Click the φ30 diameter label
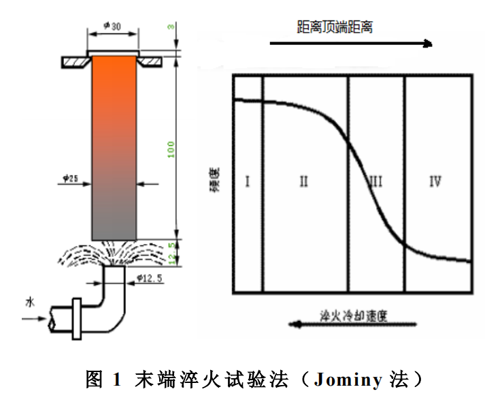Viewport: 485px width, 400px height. (113, 26)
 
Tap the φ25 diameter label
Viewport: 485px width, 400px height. (69, 179)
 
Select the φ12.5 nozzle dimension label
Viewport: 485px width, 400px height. (148, 278)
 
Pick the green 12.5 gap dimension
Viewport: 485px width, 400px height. (174, 252)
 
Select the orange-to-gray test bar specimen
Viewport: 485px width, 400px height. (114, 147)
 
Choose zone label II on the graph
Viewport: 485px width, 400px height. (303, 182)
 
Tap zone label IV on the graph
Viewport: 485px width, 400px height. (435, 182)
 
